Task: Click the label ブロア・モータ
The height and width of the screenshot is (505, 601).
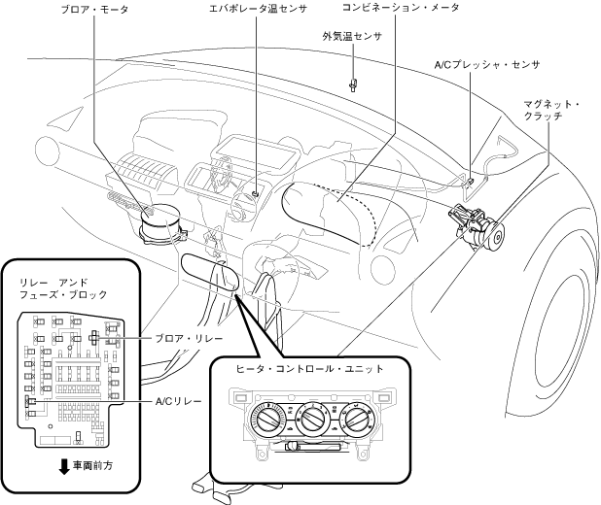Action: (x=94, y=10)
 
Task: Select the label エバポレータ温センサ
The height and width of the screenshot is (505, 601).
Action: (x=258, y=9)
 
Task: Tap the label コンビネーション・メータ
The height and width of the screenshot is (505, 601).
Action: (x=400, y=7)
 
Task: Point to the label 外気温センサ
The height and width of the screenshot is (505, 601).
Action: (x=352, y=36)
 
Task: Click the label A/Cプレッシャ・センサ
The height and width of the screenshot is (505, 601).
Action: (x=487, y=65)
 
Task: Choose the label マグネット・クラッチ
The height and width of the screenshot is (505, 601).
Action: (x=551, y=110)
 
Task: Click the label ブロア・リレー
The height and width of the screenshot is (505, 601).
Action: (x=189, y=339)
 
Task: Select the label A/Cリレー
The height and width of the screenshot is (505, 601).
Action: (x=179, y=401)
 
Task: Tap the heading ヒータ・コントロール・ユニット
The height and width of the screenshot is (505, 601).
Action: (x=309, y=369)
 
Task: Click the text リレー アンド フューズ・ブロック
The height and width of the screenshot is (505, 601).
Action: (x=63, y=288)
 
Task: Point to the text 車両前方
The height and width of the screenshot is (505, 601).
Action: (x=93, y=465)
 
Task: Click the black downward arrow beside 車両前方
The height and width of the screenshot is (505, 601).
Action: (x=65, y=467)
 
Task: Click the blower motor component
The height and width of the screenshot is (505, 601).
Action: (x=161, y=224)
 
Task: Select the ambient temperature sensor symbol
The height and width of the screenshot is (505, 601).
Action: (x=353, y=84)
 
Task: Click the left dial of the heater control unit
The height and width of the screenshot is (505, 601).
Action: (x=267, y=419)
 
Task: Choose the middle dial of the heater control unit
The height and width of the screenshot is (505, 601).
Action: (x=312, y=419)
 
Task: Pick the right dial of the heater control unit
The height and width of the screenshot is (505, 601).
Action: (x=357, y=419)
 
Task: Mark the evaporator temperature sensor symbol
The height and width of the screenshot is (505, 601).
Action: (x=255, y=193)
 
